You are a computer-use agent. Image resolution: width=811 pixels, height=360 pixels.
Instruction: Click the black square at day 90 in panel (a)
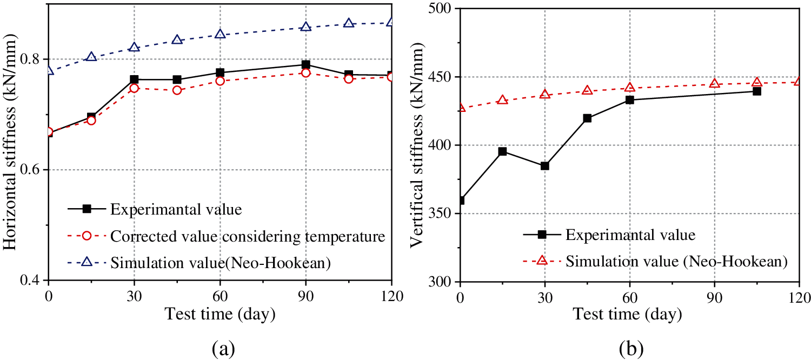point(305,65)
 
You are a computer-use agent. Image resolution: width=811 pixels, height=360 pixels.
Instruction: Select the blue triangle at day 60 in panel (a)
point(220,34)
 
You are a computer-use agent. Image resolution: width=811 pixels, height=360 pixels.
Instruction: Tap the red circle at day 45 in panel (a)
point(177,90)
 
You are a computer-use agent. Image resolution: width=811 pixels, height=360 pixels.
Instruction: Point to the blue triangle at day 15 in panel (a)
point(91,57)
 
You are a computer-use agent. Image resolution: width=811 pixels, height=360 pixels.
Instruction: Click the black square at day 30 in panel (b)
point(545,165)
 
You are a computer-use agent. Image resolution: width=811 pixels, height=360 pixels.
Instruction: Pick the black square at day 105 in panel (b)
point(757,91)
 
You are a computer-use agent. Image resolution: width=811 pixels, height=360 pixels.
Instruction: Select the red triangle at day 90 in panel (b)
point(715,83)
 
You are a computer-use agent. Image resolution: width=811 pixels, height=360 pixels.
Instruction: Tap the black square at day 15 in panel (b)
point(502,151)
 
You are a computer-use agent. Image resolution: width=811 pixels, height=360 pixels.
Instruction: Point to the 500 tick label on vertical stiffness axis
point(441,9)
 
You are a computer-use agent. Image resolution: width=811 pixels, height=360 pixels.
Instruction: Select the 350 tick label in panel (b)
point(441,214)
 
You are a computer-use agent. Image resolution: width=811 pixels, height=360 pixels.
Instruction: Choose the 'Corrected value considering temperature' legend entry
point(247,236)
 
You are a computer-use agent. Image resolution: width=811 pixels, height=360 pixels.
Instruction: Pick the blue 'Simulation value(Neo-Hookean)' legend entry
point(220,262)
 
